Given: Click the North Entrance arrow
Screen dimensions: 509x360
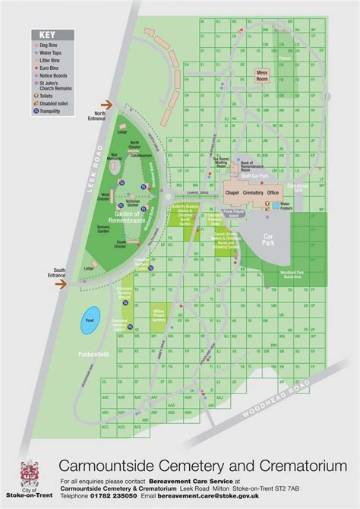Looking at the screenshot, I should point(108,108).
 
